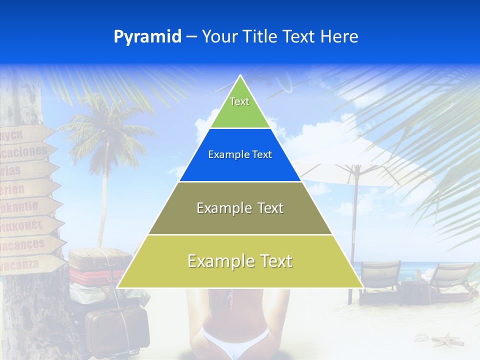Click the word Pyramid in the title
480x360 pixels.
point(147,37)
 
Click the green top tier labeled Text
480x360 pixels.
point(239,107)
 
